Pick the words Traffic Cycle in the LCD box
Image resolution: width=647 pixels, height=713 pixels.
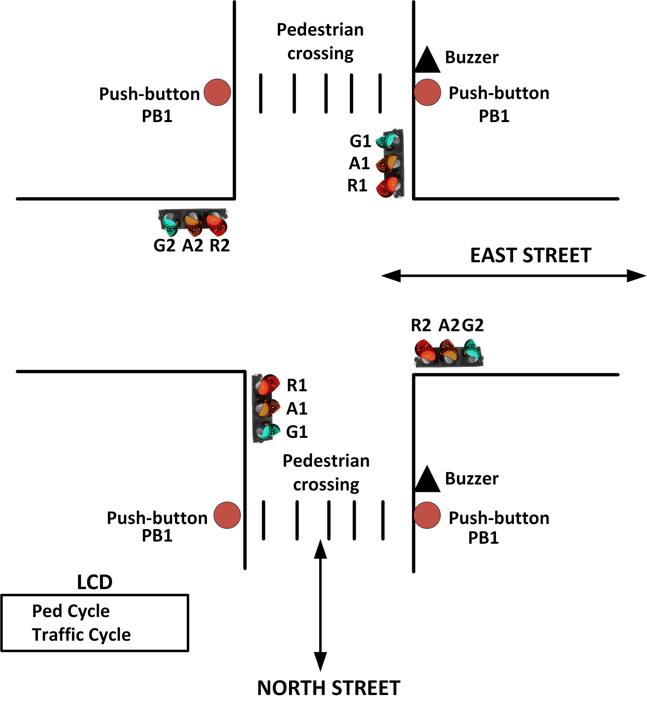click(x=81, y=635)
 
